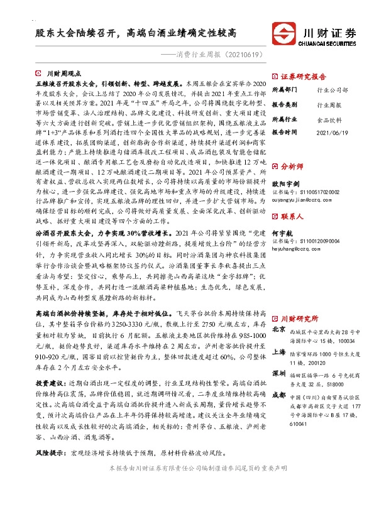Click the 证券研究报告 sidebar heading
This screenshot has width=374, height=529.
coord(305,75)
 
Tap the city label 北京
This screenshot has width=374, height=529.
coord(278,329)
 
